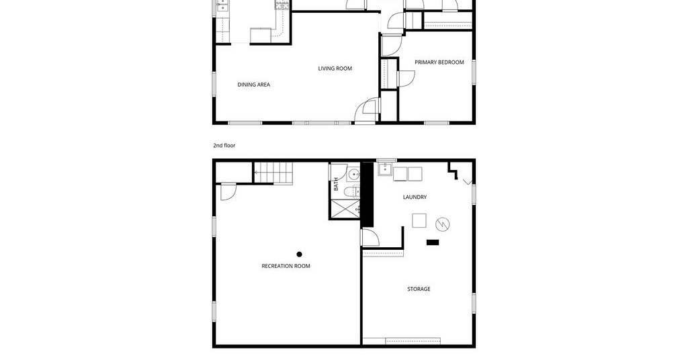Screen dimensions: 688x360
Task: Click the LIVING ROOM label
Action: [335, 69]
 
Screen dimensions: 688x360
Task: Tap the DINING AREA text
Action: [253, 85]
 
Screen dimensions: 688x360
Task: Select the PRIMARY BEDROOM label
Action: [439, 62]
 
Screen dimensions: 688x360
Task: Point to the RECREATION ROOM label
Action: [286, 266]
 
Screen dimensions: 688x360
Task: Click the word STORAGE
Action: [419, 289]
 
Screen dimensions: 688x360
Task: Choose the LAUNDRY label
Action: [415, 197]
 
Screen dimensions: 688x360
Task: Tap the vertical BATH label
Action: [336, 184]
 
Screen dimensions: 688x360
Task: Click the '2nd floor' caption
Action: [224, 146]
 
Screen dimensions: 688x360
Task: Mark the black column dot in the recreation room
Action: [299, 255]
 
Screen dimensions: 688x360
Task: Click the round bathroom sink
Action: [353, 175]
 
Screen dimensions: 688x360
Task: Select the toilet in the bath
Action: [351, 191]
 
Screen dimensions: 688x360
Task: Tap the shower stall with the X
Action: [345, 209]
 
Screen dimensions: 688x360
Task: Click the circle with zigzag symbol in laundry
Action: [442, 224]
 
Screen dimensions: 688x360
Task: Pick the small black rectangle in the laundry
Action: [433, 242]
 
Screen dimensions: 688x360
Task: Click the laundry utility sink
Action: [385, 169]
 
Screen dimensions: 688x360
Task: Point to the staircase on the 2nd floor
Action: [273, 173]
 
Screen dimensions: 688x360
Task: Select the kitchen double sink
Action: [223, 5]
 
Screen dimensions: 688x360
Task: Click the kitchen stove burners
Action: [282, 5]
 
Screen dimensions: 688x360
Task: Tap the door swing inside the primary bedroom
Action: [406, 78]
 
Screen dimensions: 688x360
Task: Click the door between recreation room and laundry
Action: [370, 237]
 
